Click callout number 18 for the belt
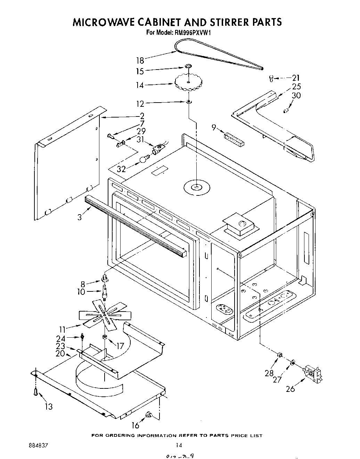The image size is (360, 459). click(x=140, y=61)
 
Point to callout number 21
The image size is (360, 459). click(x=296, y=78)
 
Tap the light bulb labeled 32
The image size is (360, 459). click(x=143, y=159)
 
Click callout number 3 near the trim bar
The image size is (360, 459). click(x=80, y=217)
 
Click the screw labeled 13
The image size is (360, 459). click(x=35, y=392)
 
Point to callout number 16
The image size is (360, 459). click(x=135, y=425)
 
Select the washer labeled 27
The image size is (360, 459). click(x=293, y=363)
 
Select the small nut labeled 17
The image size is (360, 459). click(x=104, y=337)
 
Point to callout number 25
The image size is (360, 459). click(x=296, y=87)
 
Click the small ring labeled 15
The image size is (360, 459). click(x=188, y=66)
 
